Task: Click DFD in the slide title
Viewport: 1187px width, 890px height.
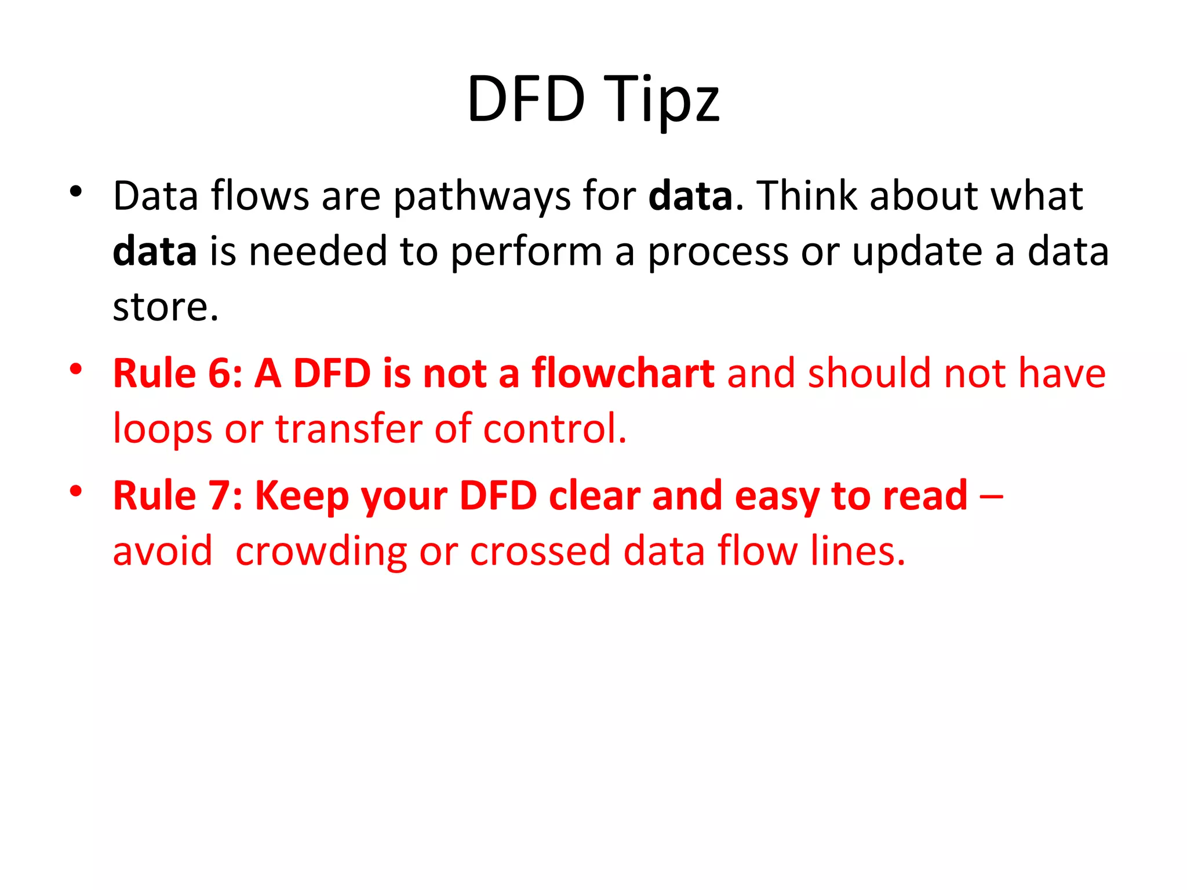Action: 526,100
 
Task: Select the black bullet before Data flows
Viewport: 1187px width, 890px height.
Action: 75,191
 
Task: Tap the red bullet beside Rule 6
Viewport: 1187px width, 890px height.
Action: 75,369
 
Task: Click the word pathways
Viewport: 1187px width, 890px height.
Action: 482,197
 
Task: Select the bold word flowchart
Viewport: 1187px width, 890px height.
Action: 623,373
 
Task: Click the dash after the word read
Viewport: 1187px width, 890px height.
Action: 992,497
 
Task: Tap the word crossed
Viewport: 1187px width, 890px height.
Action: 540,551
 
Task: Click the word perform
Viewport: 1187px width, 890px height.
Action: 526,253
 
